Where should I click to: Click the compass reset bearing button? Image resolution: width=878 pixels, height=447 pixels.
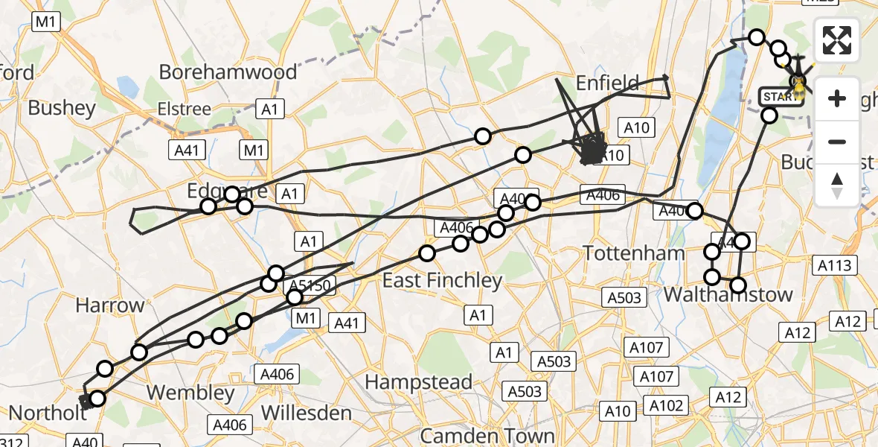pyautogui.click(x=838, y=186)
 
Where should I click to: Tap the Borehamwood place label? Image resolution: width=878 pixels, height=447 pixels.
pyautogui.click(x=228, y=72)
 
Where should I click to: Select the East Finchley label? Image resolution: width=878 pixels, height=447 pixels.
pyautogui.click(x=442, y=280)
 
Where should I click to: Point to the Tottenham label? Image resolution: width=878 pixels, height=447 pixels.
pyautogui.click(x=633, y=253)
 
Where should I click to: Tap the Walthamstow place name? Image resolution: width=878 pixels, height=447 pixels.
pyautogui.click(x=728, y=294)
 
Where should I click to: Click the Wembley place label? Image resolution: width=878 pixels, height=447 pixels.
pyautogui.click(x=190, y=393)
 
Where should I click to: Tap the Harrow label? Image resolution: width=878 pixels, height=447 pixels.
pyautogui.click(x=109, y=305)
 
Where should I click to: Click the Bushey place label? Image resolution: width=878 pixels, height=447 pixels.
pyautogui.click(x=63, y=108)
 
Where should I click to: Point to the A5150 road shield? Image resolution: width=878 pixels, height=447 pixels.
pyautogui.click(x=310, y=285)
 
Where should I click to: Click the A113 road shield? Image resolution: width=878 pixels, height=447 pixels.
pyautogui.click(x=837, y=264)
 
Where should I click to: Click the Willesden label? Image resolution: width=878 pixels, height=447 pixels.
pyautogui.click(x=307, y=413)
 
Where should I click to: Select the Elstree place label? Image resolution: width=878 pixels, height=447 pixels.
pyautogui.click(x=184, y=109)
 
